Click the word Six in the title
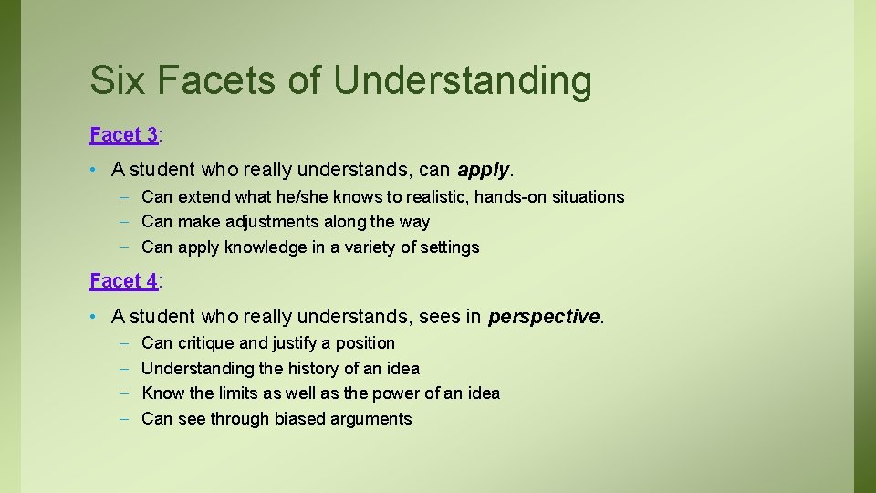117,80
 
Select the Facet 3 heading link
123,135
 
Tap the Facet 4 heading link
123,281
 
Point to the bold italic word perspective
544,317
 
